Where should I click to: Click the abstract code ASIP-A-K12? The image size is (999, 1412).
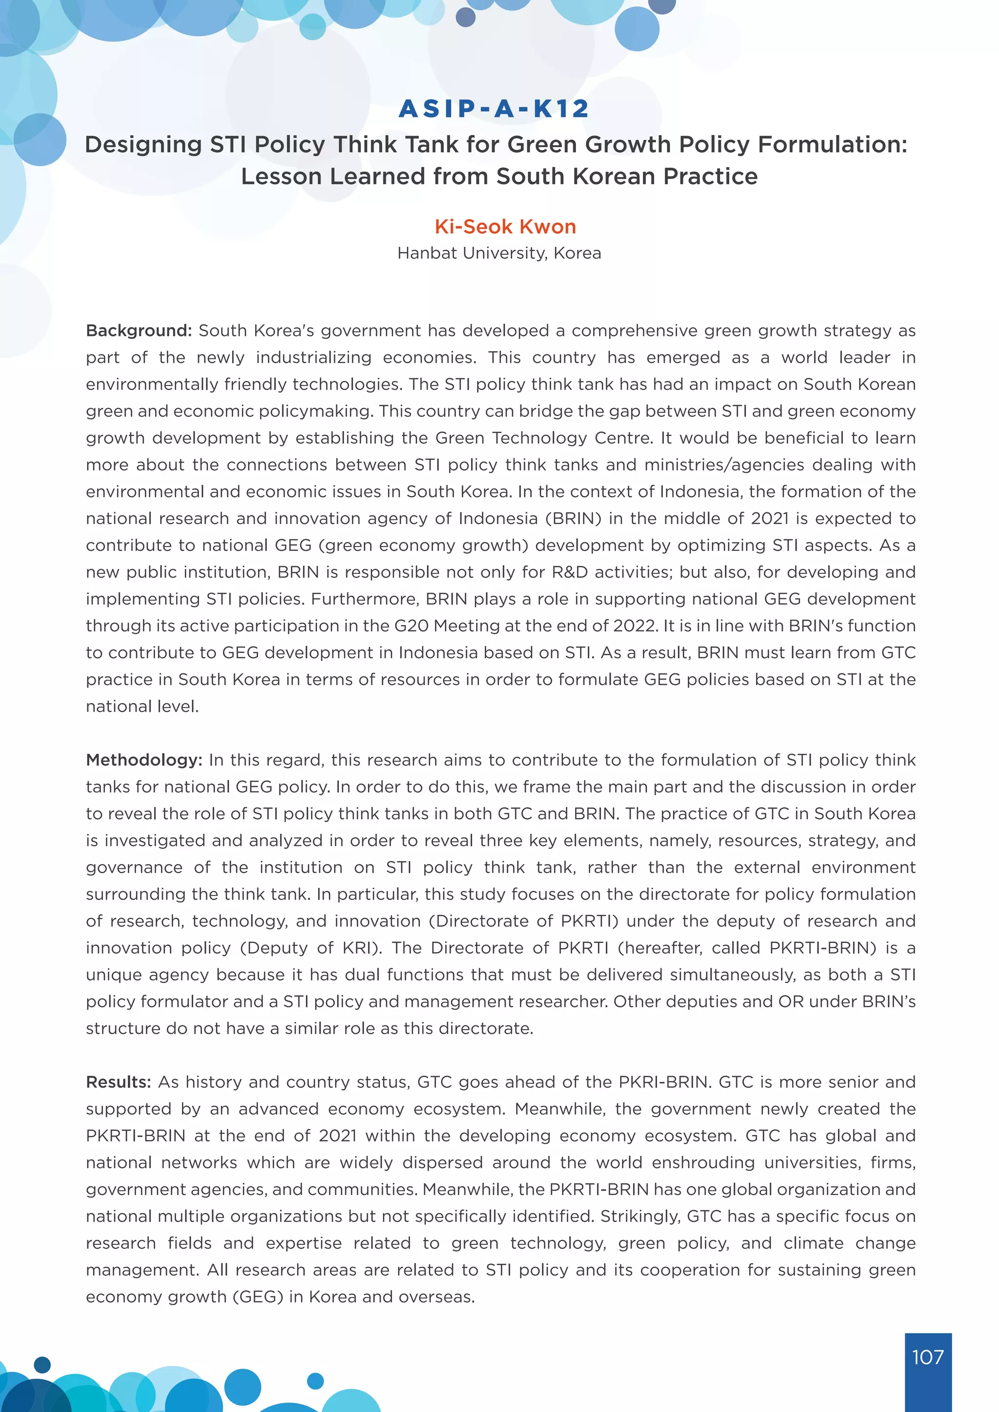click(494, 109)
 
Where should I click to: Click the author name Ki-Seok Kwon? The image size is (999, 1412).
click(505, 226)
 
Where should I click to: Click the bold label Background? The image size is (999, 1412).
click(139, 331)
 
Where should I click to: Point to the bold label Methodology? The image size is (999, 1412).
click(144, 760)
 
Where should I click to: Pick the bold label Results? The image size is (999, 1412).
click(118, 1082)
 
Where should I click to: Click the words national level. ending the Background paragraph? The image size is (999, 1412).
click(142, 706)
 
